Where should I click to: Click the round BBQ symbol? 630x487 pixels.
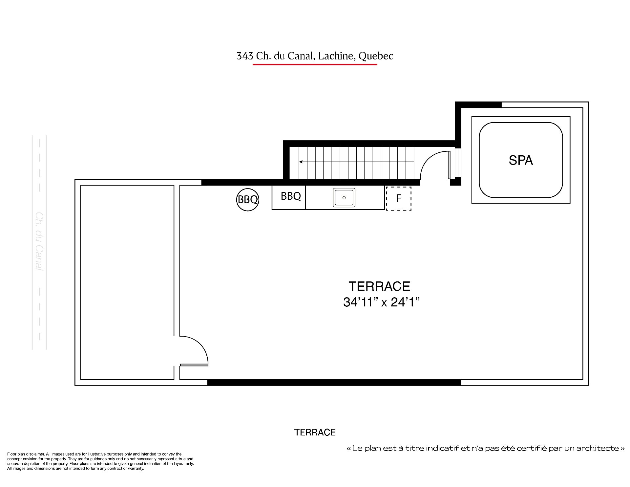tap(248, 199)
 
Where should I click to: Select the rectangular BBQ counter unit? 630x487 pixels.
tap(289, 197)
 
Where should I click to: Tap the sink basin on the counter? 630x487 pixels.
tap(344, 197)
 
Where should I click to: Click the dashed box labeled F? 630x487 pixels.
tap(399, 198)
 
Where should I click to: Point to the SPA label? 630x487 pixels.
tap(521, 160)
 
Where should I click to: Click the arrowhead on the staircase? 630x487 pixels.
tap(301, 162)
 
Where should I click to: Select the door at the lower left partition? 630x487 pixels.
tap(194, 351)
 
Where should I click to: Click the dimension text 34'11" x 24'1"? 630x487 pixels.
tap(382, 302)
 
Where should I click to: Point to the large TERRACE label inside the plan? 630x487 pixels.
tap(379, 286)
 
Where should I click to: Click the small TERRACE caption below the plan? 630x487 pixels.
tap(315, 432)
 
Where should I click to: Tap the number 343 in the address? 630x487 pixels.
tap(245, 56)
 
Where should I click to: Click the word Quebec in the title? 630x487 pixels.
tap(376, 56)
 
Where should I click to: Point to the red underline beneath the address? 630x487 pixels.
tap(315, 64)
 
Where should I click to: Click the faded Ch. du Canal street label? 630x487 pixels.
tap(39, 241)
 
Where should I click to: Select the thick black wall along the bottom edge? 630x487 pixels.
tap(334, 382)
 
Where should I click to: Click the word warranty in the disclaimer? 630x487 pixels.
tap(137, 469)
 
